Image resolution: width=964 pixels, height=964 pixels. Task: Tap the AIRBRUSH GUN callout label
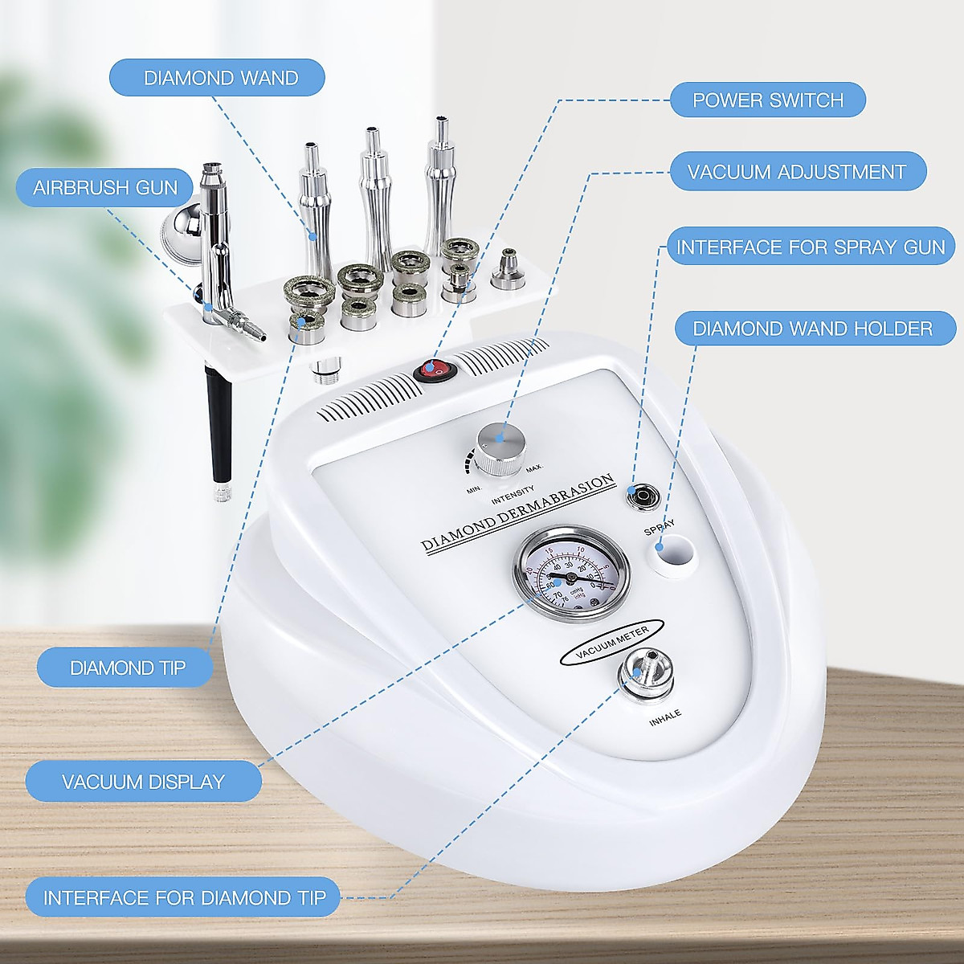click(105, 188)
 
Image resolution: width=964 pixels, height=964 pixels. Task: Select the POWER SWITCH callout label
click(767, 100)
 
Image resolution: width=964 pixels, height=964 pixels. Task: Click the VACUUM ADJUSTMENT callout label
click(797, 172)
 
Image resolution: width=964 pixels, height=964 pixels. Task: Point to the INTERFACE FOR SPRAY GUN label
click(810, 247)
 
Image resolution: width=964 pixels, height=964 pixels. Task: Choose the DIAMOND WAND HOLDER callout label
click(812, 329)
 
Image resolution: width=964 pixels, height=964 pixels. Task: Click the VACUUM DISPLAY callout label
click(143, 782)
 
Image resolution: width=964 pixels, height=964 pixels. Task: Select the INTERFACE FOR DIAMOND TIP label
click(184, 897)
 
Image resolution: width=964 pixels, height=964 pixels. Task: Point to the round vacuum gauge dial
click(571, 572)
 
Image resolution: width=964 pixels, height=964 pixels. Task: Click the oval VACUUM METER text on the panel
click(612, 640)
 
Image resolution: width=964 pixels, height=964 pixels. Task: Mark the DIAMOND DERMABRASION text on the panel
click(518, 513)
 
